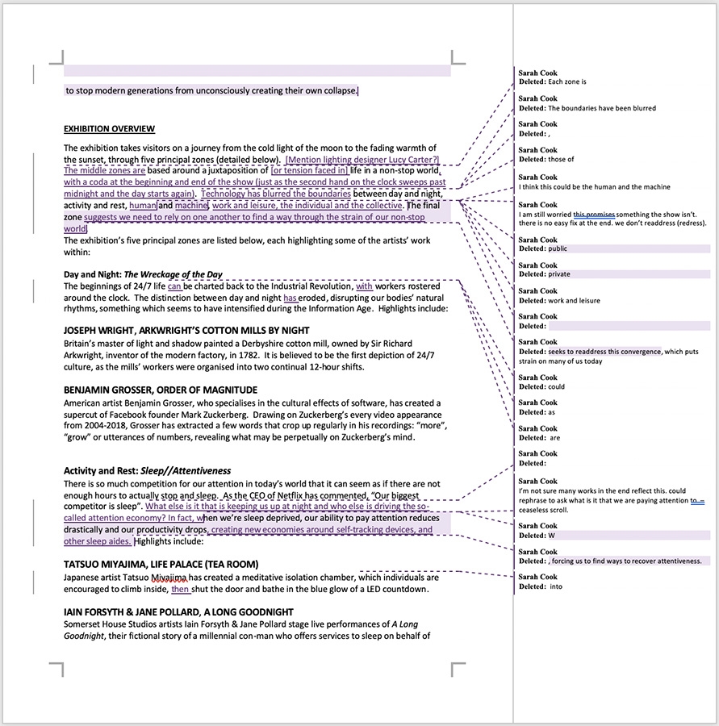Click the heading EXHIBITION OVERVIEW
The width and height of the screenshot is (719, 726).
109,129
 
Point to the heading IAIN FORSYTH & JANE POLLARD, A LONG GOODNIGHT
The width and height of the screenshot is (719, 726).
178,612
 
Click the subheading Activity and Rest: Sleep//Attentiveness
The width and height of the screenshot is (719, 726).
147,471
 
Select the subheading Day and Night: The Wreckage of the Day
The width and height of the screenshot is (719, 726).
143,274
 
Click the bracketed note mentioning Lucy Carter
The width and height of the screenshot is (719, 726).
362,160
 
